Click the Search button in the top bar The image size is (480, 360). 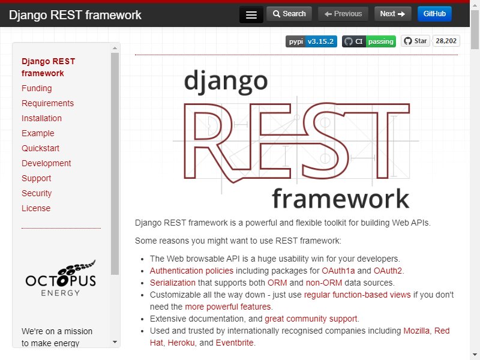click(x=289, y=14)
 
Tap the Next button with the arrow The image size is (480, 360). click(x=392, y=14)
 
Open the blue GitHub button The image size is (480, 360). click(x=434, y=14)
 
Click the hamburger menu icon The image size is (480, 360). click(x=251, y=14)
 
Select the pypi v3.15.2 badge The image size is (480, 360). click(x=311, y=41)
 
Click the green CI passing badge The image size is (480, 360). click(x=369, y=41)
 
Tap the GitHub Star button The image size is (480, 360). click(x=415, y=41)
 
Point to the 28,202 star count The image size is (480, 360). click(x=446, y=41)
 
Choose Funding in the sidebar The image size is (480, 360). click(x=37, y=88)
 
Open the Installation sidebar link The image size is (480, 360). click(x=41, y=118)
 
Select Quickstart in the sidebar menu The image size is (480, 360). click(x=40, y=148)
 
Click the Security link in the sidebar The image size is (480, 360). click(x=37, y=193)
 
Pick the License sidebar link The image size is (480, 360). click(x=36, y=208)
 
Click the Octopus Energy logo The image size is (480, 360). click(x=61, y=278)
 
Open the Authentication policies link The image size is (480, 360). click(x=191, y=271)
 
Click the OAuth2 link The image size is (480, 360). click(x=388, y=271)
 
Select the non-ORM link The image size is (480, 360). click(x=324, y=283)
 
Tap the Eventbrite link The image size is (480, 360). click(x=235, y=343)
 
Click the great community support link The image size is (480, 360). click(x=311, y=319)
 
